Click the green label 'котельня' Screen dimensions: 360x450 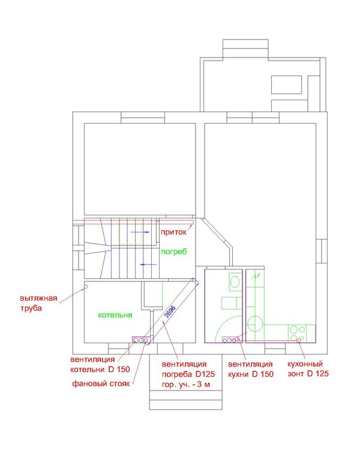115,315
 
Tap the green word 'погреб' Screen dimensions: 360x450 173,251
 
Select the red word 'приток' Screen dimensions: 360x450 173,232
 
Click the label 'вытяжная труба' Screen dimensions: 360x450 38,303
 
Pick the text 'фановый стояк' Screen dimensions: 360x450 101,383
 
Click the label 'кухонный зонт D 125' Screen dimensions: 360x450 308,369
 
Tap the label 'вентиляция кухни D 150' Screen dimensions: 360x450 251,369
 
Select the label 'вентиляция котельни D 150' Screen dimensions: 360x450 100,364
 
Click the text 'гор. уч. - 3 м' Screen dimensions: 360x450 186,385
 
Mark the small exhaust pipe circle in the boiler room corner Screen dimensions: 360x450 86,286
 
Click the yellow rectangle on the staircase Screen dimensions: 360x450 130,232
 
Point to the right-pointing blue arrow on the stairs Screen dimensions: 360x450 140,232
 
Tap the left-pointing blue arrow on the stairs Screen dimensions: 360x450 148,265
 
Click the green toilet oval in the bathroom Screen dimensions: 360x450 235,282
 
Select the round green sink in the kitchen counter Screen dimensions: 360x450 255,324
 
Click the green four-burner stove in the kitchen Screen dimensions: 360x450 298,333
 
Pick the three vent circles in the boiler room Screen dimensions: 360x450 141,340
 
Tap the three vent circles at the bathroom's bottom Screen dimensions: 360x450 230,340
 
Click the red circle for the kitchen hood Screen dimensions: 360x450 299,340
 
